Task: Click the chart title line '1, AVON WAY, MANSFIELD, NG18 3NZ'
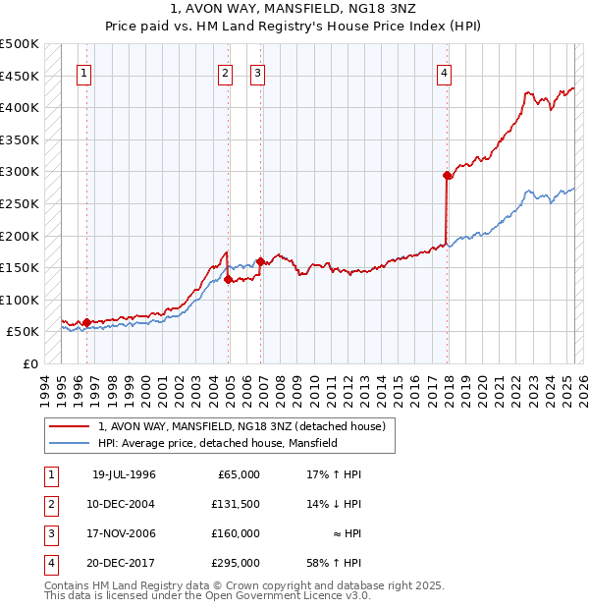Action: tap(294, 11)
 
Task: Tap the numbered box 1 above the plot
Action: tap(84, 72)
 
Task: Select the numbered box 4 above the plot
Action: tap(445, 72)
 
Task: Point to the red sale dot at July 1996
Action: tap(86, 322)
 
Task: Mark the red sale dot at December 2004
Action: tap(228, 279)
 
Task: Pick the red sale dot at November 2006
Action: tap(260, 261)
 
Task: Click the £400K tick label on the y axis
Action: tap(21, 107)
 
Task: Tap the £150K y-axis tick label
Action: tap(21, 267)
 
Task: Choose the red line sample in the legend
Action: tap(70, 426)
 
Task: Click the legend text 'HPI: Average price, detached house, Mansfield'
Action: tap(217, 444)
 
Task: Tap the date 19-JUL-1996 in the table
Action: tap(124, 474)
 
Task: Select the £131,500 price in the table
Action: tap(236, 504)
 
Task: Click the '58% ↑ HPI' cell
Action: tap(334, 563)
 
